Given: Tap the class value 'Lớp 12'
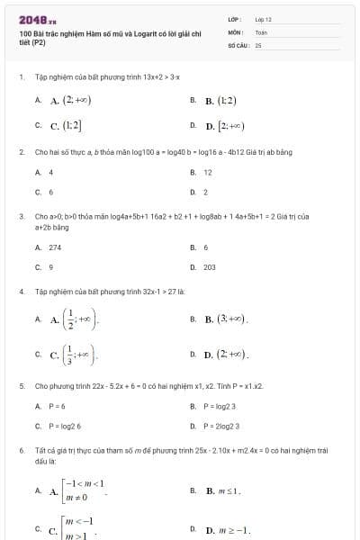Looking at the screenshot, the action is pyautogui.click(x=264, y=19).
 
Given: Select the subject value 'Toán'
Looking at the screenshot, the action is pyautogui.click(x=261, y=31).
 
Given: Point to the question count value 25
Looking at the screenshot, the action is pyautogui.click(x=258, y=44).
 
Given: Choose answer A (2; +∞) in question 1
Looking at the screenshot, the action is pyautogui.click(x=70, y=100).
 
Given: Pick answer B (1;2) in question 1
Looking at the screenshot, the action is pyautogui.click(x=220, y=100).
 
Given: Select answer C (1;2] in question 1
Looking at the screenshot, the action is pyautogui.click(x=67, y=125).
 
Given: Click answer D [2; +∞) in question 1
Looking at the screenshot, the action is pyautogui.click(x=225, y=125).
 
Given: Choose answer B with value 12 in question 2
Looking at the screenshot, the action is pyautogui.click(x=208, y=172).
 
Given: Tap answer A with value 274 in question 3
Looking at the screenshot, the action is pyautogui.click(x=55, y=247).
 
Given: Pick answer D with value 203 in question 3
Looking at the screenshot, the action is pyautogui.click(x=210, y=267).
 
